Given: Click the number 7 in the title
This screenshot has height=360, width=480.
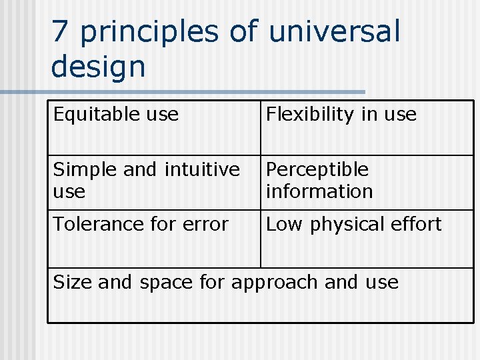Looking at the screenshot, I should point(60,32).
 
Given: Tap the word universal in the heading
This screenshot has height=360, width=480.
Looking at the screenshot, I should point(334,32).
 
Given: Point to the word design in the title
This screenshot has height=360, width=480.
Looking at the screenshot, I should point(98,67).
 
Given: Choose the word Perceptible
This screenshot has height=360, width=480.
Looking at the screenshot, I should point(317,170).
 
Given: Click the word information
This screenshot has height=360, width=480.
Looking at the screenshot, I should point(319,191).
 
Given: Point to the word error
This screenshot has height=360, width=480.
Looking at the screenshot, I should point(206,225).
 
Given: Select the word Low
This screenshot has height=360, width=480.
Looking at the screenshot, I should point(285,225).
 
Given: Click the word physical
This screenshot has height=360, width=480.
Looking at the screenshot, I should point(349,225).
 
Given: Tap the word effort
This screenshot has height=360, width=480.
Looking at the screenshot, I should point(417,225).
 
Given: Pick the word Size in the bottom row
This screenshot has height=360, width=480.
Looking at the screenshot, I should point(73,283).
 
